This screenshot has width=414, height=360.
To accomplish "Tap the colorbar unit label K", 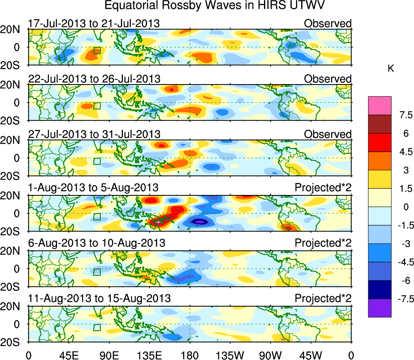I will click(391, 69).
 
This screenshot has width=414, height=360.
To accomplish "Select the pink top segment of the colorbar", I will click(380, 106).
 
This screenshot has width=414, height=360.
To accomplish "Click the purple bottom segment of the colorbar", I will click(380, 308).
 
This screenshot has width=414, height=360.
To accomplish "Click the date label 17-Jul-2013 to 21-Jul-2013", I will click(94, 23).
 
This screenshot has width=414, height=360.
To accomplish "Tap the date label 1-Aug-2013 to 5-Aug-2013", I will click(93, 188).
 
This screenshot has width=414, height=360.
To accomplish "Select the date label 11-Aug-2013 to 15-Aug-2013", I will click(99, 299).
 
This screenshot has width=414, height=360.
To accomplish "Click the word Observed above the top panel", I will click(328, 23).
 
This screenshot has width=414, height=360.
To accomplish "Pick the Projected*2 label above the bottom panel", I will click(323, 299).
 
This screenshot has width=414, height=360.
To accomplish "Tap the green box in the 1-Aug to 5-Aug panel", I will click(97, 216).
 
